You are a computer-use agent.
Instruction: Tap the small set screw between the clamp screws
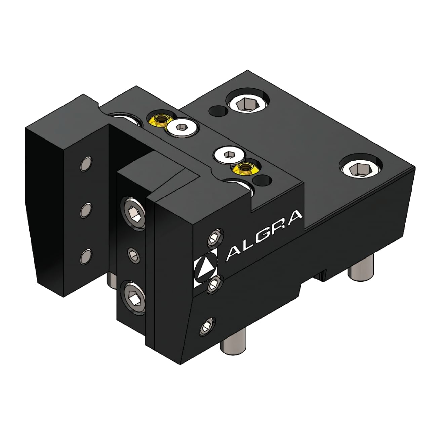pyautogui.click(x=133, y=255)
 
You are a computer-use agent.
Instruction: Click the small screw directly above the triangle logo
pyautogui.click(x=214, y=238)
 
